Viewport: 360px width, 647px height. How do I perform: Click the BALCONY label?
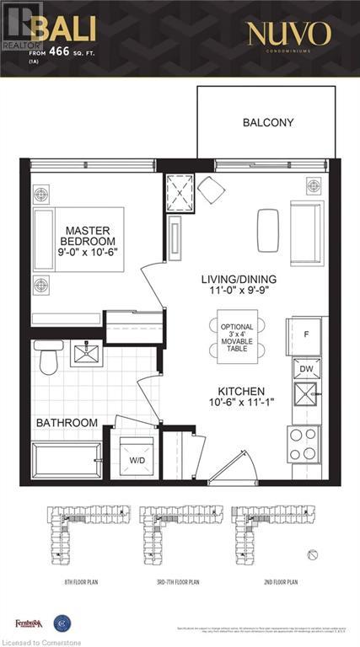(268, 122)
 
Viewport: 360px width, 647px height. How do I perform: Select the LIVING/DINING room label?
(239, 285)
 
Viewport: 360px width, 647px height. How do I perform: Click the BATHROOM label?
(67, 422)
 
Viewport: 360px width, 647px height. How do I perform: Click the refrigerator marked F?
(307, 335)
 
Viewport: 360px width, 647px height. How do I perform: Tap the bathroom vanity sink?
(87, 351)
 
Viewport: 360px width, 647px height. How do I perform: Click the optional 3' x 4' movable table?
(237, 337)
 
